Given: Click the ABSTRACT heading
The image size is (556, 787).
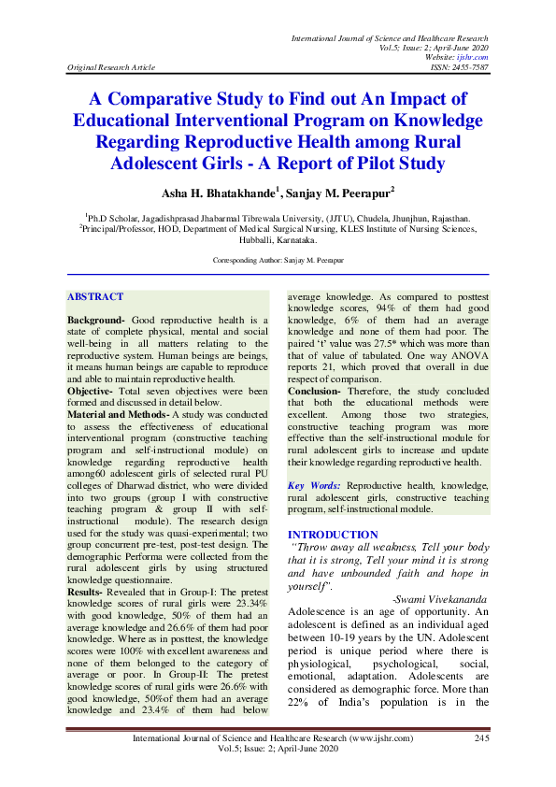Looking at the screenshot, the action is [95, 297].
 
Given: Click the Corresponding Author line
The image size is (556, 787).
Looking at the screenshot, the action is [278, 258].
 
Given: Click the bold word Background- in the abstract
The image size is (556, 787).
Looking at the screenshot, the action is [96, 320].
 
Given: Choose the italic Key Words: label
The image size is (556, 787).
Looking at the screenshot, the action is [313, 486].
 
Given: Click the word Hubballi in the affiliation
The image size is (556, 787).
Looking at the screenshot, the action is [258, 238].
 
